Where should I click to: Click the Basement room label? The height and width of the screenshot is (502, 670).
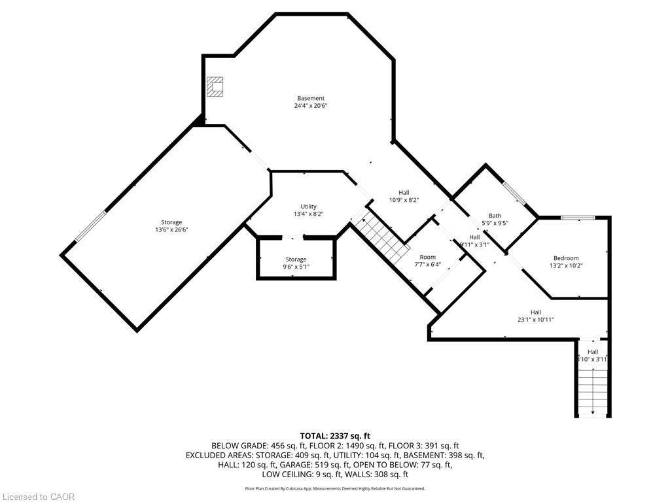pos(311,99)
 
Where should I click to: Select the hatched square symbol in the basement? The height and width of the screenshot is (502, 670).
pos(215,86)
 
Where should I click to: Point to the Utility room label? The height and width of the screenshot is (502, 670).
pos(308,207)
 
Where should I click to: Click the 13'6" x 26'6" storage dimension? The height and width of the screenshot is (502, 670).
pos(172,230)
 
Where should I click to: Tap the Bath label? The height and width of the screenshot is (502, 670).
pos(495,216)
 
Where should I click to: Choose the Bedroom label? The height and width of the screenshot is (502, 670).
pos(566,258)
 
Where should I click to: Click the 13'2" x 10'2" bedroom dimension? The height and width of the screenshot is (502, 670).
pos(566,266)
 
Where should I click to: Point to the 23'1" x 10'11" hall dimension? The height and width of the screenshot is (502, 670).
pos(536,320)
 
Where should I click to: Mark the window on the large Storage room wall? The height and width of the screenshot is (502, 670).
pos(90,227)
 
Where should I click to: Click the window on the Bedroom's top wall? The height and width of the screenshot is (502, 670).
pos(578,218)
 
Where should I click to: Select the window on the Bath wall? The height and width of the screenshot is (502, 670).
pos(514,192)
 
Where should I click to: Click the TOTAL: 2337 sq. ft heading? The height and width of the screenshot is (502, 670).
pos(335,436)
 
